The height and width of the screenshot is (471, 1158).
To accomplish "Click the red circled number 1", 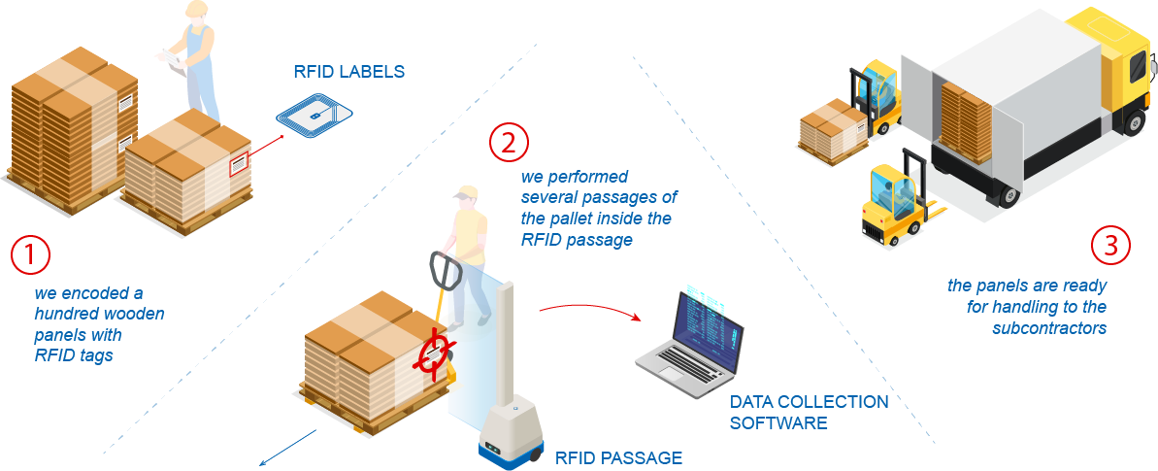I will pyautogui.click(x=30, y=256).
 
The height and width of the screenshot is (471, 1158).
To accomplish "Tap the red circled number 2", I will pyautogui.click(x=509, y=143).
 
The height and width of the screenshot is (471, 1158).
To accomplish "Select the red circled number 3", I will pyautogui.click(x=1110, y=245).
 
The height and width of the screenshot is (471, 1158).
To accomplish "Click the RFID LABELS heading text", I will pyautogui.click(x=348, y=72).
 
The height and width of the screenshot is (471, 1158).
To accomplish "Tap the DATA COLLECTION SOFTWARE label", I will pyautogui.click(x=809, y=412).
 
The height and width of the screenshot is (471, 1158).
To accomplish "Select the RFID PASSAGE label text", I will pyautogui.click(x=618, y=456).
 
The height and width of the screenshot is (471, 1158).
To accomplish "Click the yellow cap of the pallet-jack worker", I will pyautogui.click(x=467, y=192).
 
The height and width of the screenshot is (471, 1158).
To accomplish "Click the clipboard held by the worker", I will pyautogui.click(x=172, y=58).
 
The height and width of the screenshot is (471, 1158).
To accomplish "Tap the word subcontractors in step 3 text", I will pyautogui.click(x=1049, y=328).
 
